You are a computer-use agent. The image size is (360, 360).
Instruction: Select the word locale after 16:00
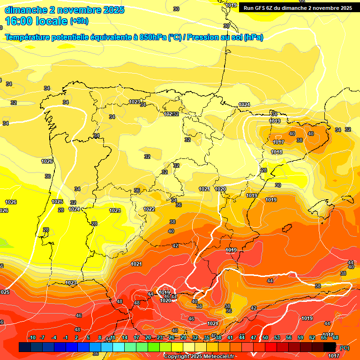coord(53,21)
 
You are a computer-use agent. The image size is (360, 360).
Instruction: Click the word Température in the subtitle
coord(28,37)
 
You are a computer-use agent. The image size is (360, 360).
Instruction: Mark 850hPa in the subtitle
coord(153,37)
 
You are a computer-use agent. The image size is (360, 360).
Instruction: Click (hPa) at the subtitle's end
coord(254,37)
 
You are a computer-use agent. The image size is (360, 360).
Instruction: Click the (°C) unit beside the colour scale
coord(344,348)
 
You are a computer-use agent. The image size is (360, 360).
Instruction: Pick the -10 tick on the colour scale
coord(32,338)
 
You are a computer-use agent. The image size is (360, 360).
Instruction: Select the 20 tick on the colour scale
coord(148,338)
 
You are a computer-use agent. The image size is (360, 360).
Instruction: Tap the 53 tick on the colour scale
coord(277,338)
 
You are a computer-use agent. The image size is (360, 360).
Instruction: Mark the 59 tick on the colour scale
coord(300,338)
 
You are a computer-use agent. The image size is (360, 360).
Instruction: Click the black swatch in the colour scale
coord(330,347)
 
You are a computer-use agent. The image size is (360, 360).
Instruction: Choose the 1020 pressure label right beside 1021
coord(220,189)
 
